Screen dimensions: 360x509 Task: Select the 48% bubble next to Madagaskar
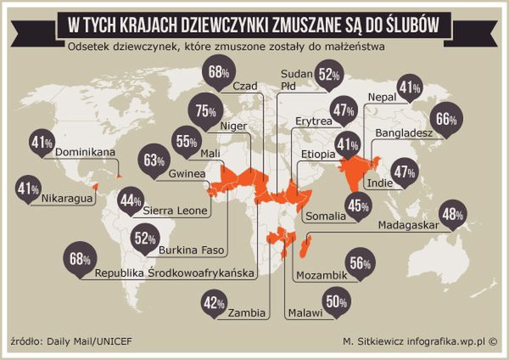click(x=452, y=216)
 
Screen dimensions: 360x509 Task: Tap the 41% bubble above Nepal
click(x=411, y=87)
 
